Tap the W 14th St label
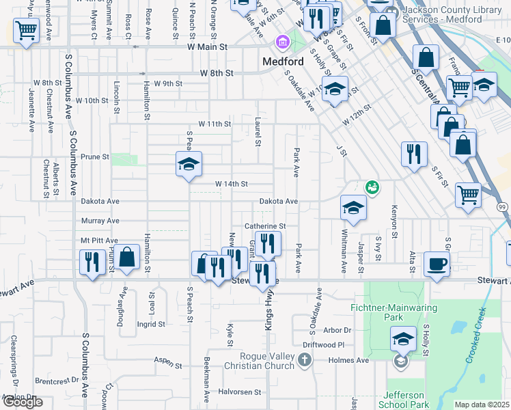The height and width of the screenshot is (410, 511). [231, 184]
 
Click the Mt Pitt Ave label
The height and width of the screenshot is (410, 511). [99, 241]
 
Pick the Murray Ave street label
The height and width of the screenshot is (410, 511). [100, 221]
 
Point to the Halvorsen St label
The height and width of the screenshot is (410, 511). [240, 392]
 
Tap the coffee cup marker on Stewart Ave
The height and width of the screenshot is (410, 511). [437, 263]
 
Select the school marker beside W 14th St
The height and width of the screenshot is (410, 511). [189, 164]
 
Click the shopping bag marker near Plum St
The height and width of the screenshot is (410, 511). [128, 258]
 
